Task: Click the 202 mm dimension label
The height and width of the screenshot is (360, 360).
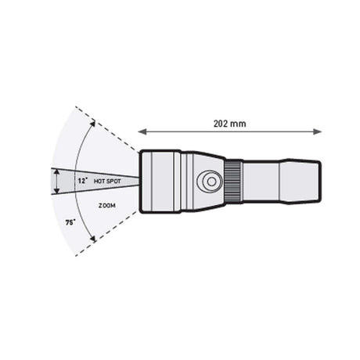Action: pyautogui.click(x=229, y=124)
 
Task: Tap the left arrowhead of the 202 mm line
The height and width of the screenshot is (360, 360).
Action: pyautogui.click(x=142, y=131)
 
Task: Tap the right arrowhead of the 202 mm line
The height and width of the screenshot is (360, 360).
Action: pyautogui.click(x=318, y=131)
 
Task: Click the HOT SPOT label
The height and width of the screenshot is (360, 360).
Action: pyautogui.click(x=107, y=181)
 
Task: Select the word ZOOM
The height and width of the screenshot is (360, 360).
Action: pyautogui.click(x=107, y=206)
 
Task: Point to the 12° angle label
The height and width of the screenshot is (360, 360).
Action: pyautogui.click(x=82, y=181)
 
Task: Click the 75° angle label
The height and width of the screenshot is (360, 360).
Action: pyautogui.click(x=70, y=222)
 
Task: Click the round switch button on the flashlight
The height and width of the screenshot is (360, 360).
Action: pyautogui.click(x=210, y=182)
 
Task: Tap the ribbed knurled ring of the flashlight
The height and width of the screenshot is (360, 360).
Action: pyautogui.click(x=233, y=182)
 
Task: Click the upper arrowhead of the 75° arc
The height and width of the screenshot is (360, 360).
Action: pyautogui.click(x=92, y=123)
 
